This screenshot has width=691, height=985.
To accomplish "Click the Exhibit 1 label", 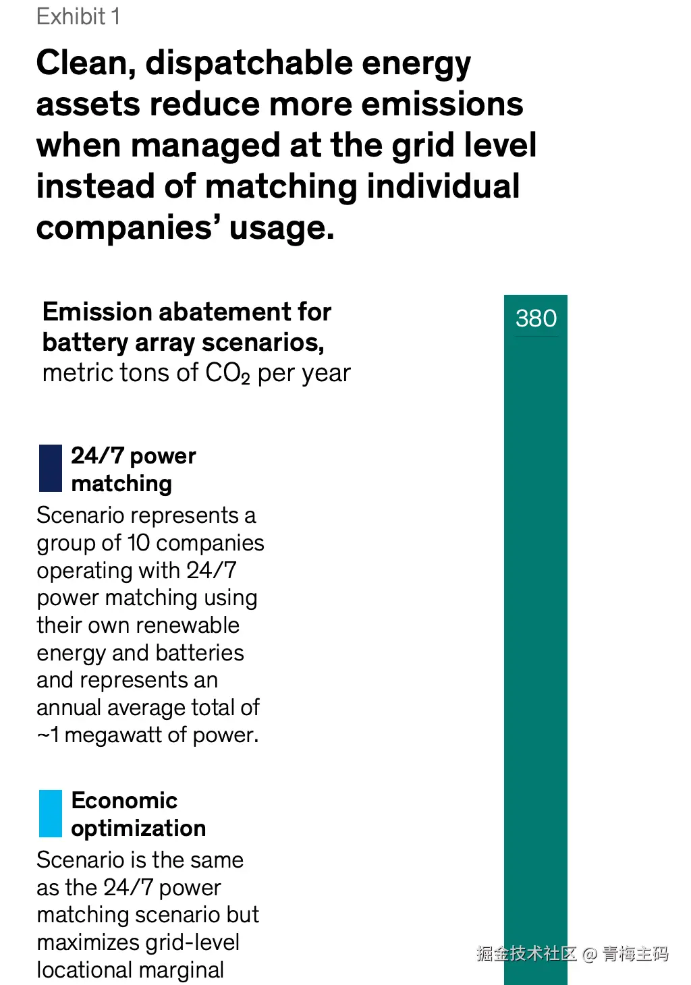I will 78,16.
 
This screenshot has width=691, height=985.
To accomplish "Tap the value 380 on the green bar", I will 536,318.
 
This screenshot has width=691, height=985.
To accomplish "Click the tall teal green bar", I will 535,607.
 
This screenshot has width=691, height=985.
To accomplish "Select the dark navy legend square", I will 51,468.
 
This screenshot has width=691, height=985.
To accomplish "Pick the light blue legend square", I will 51,813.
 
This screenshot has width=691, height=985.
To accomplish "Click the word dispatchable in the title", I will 249,64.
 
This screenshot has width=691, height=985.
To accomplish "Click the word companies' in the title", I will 128,228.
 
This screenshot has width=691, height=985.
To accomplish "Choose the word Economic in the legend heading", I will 124,801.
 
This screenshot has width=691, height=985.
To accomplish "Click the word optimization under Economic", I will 138,828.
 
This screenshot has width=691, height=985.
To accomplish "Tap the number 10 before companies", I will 138,543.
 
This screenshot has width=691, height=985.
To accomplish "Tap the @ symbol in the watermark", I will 589,954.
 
